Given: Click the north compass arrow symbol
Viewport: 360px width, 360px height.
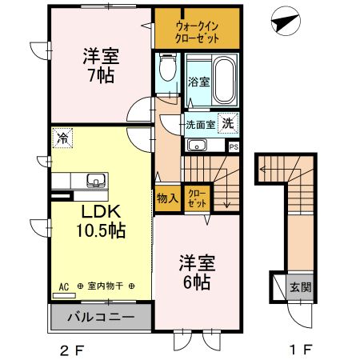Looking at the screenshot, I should pyautogui.click(x=282, y=23).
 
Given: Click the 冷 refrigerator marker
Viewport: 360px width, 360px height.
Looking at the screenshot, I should pyautogui.click(x=61, y=138).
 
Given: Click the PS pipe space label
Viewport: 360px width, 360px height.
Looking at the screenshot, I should pyautogui.click(x=234, y=146).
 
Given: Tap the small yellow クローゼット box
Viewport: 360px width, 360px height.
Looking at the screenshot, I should pyautogui.click(x=196, y=198).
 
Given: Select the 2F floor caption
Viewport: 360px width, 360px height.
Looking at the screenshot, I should pyautogui.click(x=72, y=350).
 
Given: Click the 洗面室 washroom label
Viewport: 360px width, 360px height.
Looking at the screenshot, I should pyautogui.click(x=200, y=125).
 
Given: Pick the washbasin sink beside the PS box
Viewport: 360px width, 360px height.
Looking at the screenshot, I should pyautogui.click(x=197, y=146).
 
